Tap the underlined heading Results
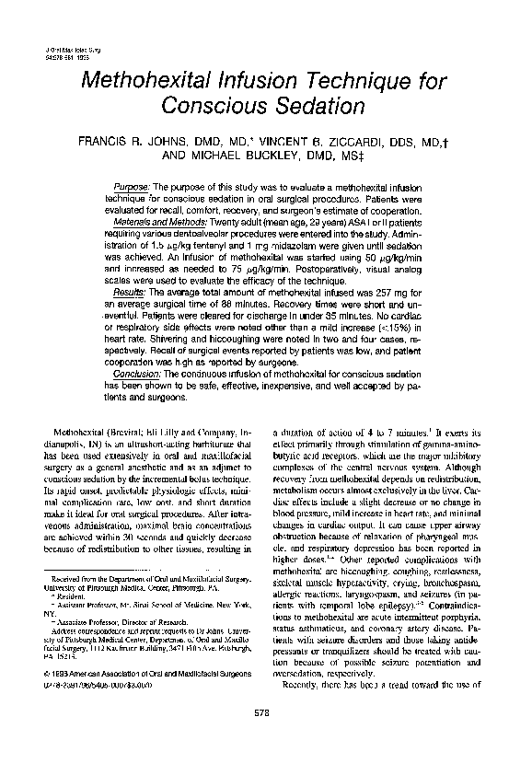tap(140, 292)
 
